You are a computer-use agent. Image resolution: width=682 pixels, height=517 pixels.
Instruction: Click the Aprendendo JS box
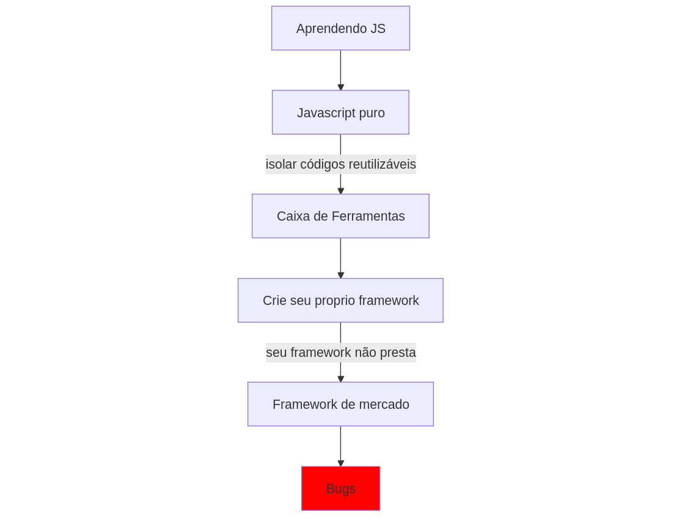[x=340, y=28]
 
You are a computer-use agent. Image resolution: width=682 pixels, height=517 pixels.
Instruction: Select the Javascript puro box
[x=340, y=112]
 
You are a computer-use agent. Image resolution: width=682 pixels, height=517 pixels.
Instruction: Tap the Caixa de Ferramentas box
[x=340, y=216]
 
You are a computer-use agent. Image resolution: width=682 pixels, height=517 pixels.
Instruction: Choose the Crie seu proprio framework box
[x=340, y=301]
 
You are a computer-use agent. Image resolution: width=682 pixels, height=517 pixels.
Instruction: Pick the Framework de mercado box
[x=340, y=405]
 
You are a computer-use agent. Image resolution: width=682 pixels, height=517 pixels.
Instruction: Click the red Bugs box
[x=340, y=488]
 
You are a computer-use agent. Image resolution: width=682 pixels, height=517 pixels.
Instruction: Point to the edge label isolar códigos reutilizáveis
[x=341, y=164]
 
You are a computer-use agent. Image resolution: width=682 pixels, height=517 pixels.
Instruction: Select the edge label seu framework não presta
[x=341, y=352]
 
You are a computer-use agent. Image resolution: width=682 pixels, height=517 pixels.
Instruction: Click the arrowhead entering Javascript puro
[x=340, y=87]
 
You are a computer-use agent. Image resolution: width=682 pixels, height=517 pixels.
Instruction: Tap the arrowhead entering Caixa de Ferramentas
[x=340, y=191]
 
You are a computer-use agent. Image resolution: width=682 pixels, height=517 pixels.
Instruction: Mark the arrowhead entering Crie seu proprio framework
[x=340, y=276]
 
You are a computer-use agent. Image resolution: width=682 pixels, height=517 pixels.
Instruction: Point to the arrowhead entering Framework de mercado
[x=340, y=379]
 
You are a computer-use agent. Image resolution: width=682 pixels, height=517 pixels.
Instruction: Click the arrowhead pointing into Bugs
[x=340, y=463]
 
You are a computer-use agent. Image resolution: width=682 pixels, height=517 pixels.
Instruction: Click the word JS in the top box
[x=378, y=29]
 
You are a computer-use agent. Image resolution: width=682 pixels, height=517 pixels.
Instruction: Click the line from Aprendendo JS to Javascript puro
[x=340, y=70]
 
